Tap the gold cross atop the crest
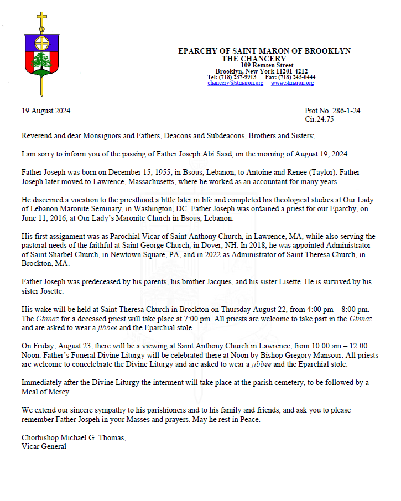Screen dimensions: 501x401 41,19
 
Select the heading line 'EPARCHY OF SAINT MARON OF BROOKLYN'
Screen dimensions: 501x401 264,51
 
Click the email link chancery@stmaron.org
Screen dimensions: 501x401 235,83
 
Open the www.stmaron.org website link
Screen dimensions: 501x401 292,83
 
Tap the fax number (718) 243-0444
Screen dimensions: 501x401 298,77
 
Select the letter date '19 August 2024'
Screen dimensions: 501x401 46,111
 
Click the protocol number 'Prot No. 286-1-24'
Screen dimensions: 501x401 332,111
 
